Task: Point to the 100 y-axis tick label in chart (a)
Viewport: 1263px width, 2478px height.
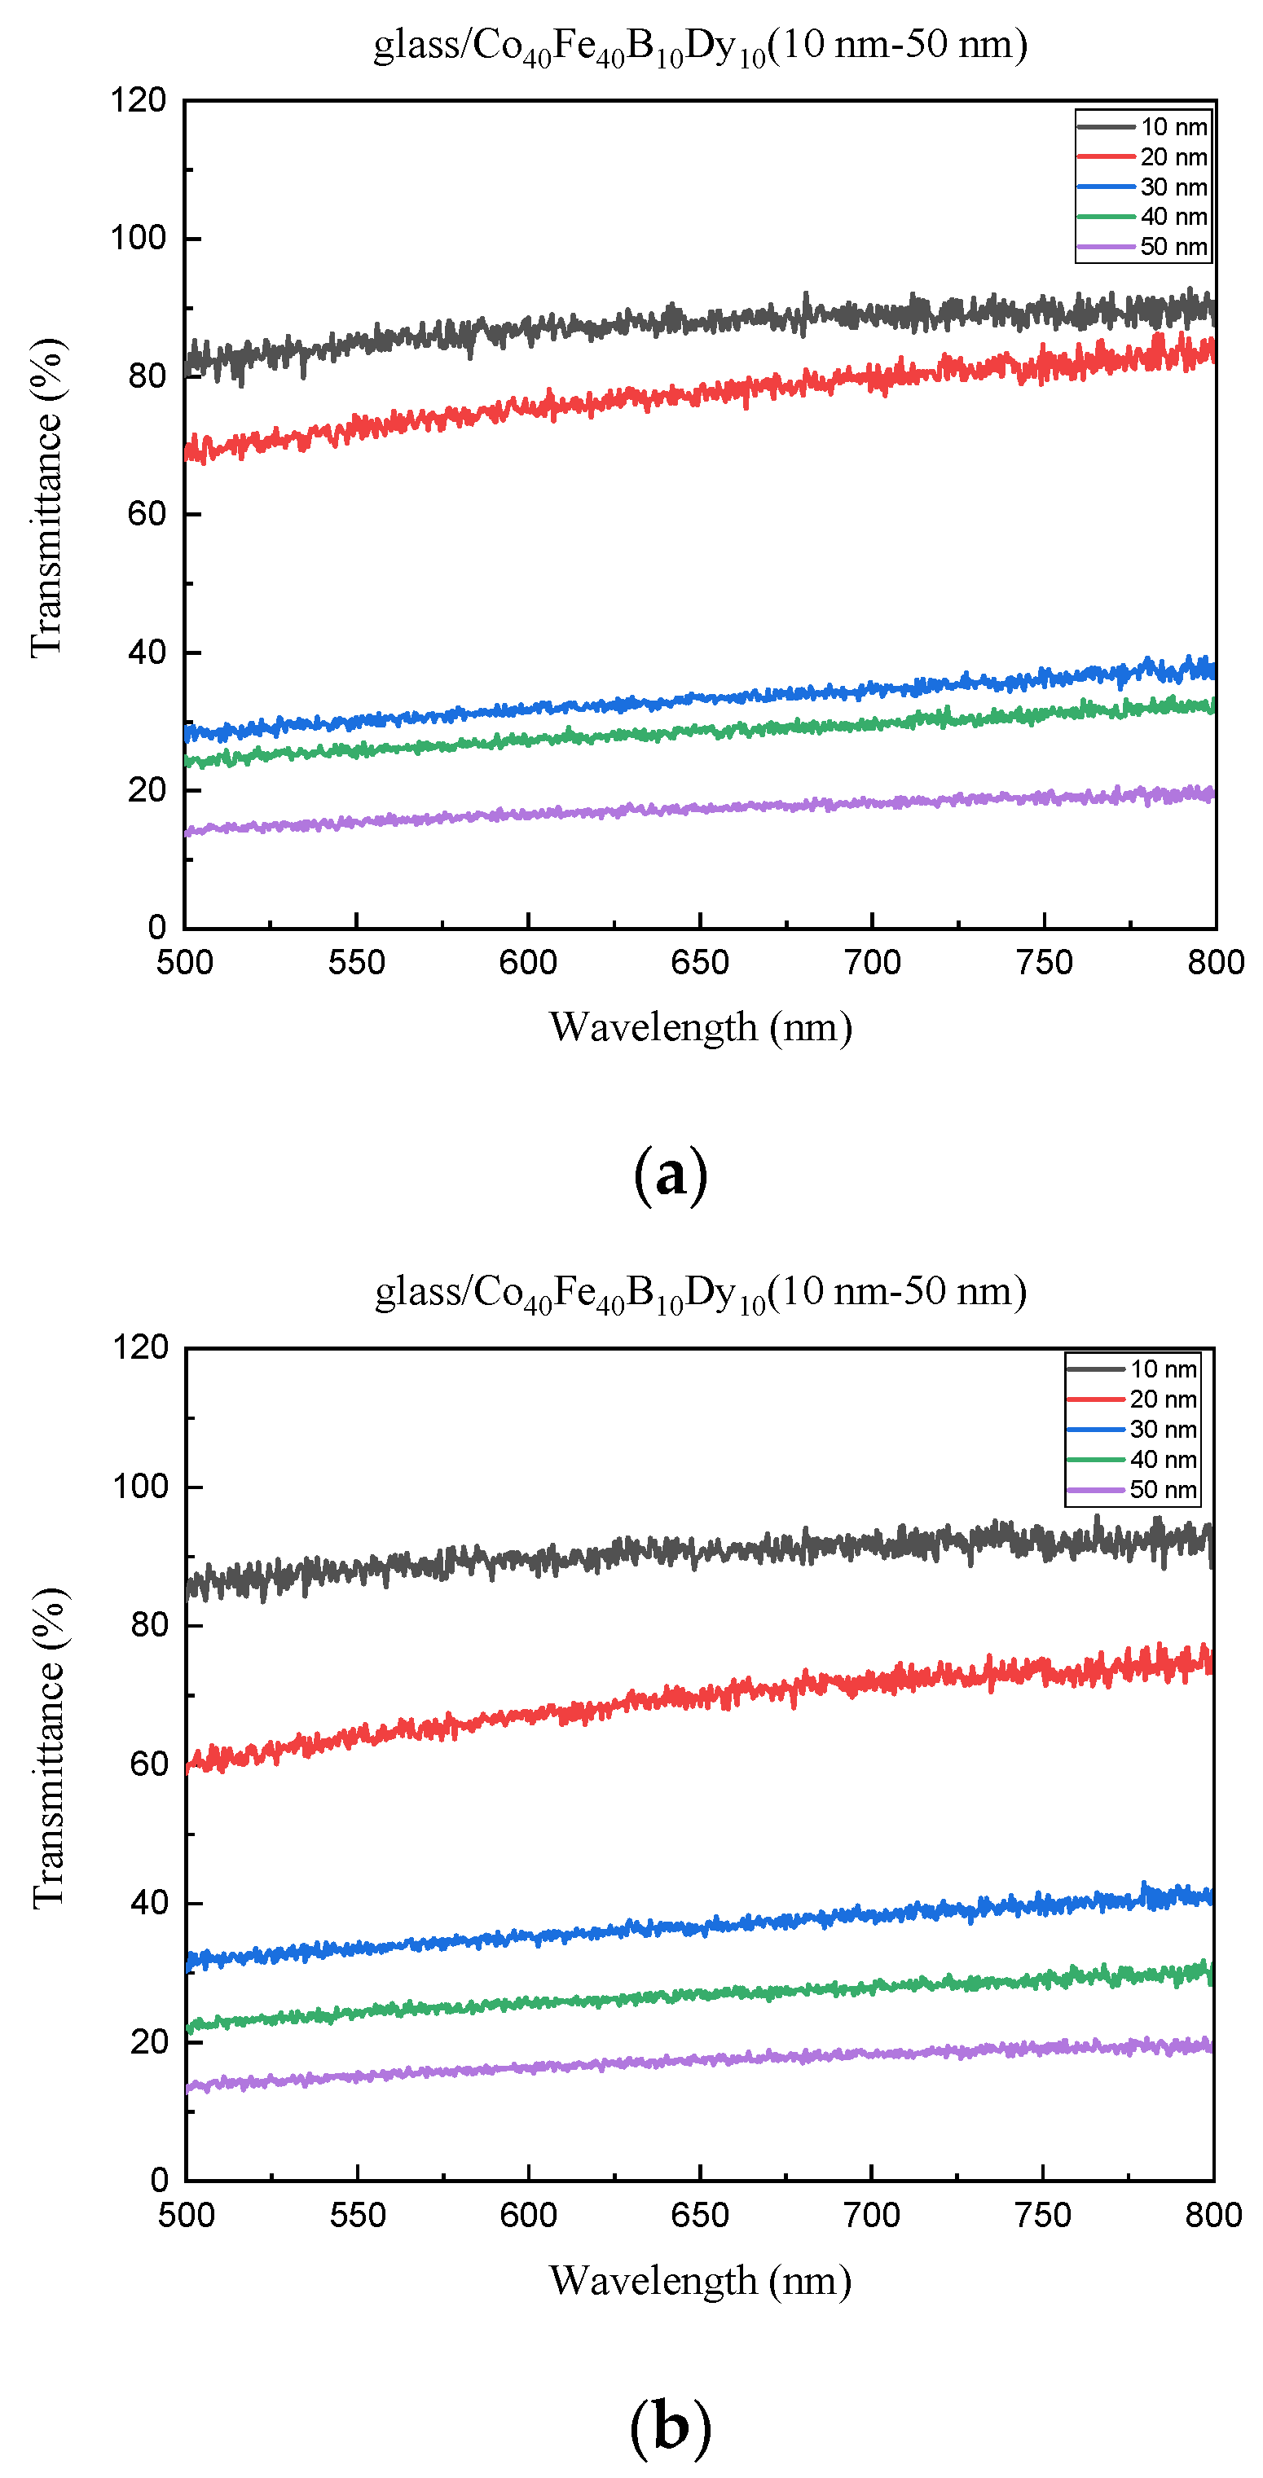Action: pyautogui.click(x=139, y=238)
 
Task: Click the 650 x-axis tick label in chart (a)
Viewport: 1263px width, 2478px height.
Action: pyautogui.click(x=699, y=962)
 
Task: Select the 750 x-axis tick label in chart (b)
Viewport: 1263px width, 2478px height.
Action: pyautogui.click(x=1043, y=2216)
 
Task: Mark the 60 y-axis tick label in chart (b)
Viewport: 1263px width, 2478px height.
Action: pyautogui.click(x=149, y=1764)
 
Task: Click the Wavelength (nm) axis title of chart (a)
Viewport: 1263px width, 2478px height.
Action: pyautogui.click(x=700, y=1026)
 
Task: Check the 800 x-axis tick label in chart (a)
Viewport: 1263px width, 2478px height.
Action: pyautogui.click(x=1215, y=962)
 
